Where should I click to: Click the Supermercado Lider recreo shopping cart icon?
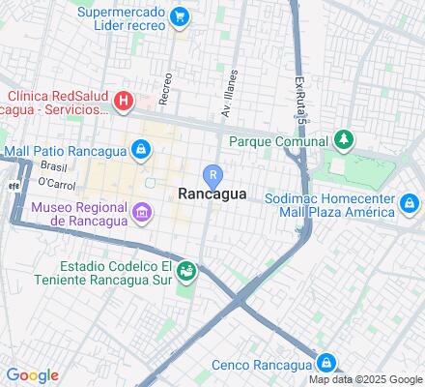click(179, 16)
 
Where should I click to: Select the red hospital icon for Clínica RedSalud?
click(124, 100)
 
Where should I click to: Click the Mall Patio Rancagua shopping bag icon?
click(141, 149)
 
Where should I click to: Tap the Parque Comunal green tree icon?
click(342, 140)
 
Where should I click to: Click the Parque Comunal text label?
click(279, 141)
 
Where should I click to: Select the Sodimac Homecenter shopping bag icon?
click(410, 203)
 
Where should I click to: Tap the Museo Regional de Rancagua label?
click(80, 214)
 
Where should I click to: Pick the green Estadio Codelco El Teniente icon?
click(186, 269)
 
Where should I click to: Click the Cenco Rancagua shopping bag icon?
click(328, 363)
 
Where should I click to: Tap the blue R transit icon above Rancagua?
click(212, 174)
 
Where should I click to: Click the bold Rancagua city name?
click(212, 193)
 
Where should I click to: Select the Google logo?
click(32, 375)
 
